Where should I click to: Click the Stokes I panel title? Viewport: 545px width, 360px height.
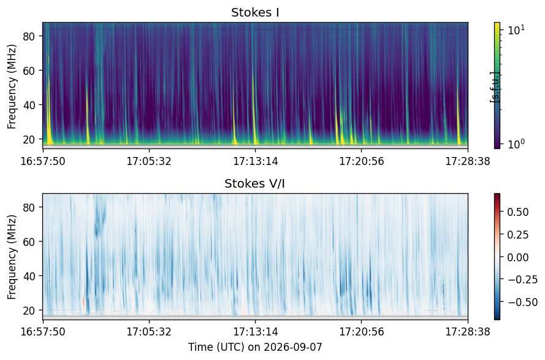(x=255, y=12)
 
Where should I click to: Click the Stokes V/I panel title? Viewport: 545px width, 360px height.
(x=255, y=183)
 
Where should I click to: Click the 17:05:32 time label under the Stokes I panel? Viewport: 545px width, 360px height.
(x=149, y=161)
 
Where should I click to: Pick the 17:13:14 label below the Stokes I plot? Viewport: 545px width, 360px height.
(x=256, y=161)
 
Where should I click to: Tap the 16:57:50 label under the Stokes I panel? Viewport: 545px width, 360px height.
(x=43, y=161)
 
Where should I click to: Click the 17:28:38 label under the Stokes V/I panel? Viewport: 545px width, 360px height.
(x=468, y=332)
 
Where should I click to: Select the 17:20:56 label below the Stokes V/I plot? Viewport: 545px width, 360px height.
(x=362, y=332)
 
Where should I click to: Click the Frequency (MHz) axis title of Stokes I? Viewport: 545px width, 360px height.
(x=12, y=86)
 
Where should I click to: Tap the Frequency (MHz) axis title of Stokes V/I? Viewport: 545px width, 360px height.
(x=12, y=257)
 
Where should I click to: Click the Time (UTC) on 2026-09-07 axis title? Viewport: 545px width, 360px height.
(x=255, y=347)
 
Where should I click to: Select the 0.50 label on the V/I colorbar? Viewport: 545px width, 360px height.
(x=518, y=212)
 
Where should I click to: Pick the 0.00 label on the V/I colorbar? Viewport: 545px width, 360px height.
(x=518, y=258)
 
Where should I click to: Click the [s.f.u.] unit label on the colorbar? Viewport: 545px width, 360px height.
(x=494, y=87)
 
